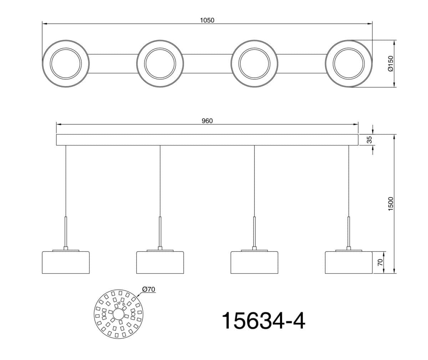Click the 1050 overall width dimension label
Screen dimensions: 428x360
coord(207,20)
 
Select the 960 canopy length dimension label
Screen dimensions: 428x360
coord(207,121)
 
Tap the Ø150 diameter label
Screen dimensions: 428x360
coord(391,63)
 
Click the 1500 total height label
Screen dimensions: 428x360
coord(391,204)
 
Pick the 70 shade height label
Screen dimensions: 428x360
coord(380,262)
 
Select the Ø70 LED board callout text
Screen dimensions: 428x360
coord(149,289)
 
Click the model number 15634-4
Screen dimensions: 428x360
coord(264,321)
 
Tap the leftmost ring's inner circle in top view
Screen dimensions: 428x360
coord(66,48)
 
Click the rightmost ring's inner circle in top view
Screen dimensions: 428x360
coord(349,48)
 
